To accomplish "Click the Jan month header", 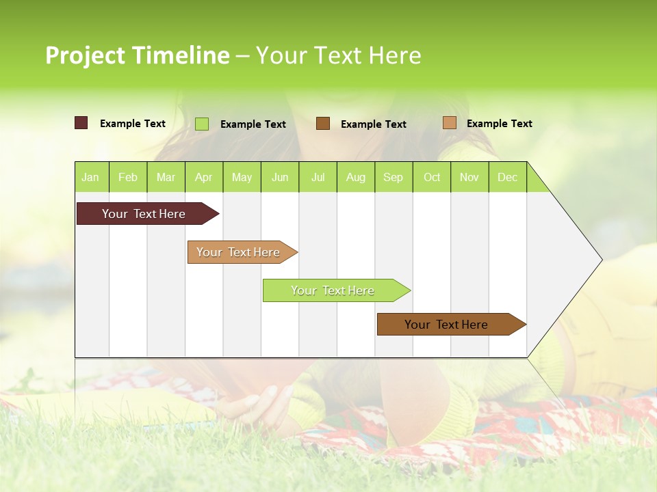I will (x=91, y=177).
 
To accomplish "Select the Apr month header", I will (x=204, y=177).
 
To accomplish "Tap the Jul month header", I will (x=318, y=177).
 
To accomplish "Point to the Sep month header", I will (x=394, y=177).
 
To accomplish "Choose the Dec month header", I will (x=507, y=177).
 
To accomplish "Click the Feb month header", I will (x=128, y=177).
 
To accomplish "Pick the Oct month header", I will (x=432, y=177).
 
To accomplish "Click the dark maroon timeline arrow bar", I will (x=144, y=214).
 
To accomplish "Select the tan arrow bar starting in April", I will (x=239, y=252).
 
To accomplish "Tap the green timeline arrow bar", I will (x=333, y=290).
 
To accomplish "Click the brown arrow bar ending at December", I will (x=447, y=325).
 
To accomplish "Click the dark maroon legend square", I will (x=81, y=123).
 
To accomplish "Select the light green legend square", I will (x=202, y=124).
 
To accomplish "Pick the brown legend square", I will (x=323, y=123).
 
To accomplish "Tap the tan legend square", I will (x=449, y=123).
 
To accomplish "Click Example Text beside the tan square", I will (x=499, y=124).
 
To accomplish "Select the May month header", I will (x=242, y=177).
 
